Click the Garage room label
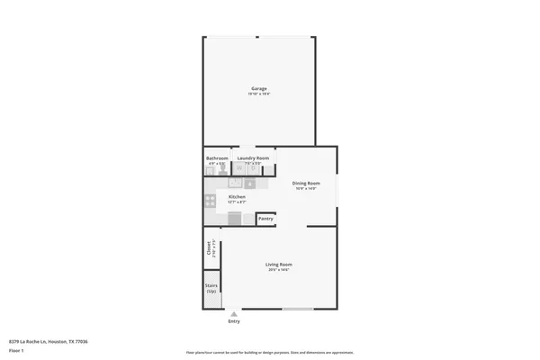[259, 88]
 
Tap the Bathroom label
[217, 158]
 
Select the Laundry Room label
[254, 158]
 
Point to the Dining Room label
[305, 184]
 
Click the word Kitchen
[237, 196]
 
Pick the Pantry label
[265, 218]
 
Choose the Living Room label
[279, 265]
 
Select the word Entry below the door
[234, 321]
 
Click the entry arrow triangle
[234, 313]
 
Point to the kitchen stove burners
[211, 201]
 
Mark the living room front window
[298, 309]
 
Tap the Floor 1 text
[16, 350]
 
